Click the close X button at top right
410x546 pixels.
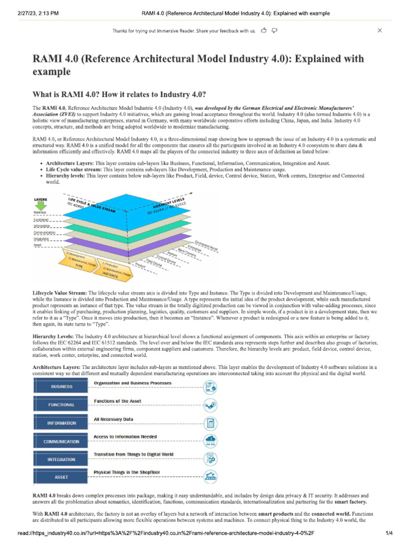[x=380, y=31]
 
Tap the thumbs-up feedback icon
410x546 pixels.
[x=264, y=31]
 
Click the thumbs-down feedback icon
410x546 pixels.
[x=274, y=31]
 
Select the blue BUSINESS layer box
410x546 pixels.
[x=62, y=387]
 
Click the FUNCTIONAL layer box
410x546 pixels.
[x=62, y=405]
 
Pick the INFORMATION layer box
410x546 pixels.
[x=62, y=423]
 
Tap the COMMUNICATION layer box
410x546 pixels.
[x=62, y=441]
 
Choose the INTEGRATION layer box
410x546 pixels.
[x=62, y=459]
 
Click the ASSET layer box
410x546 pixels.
[x=62, y=477]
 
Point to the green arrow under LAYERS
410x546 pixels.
[x=41, y=205]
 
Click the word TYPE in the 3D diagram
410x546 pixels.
[x=78, y=264]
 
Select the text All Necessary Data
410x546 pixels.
[x=113, y=420]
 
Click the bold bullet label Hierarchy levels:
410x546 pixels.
[x=66, y=175]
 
